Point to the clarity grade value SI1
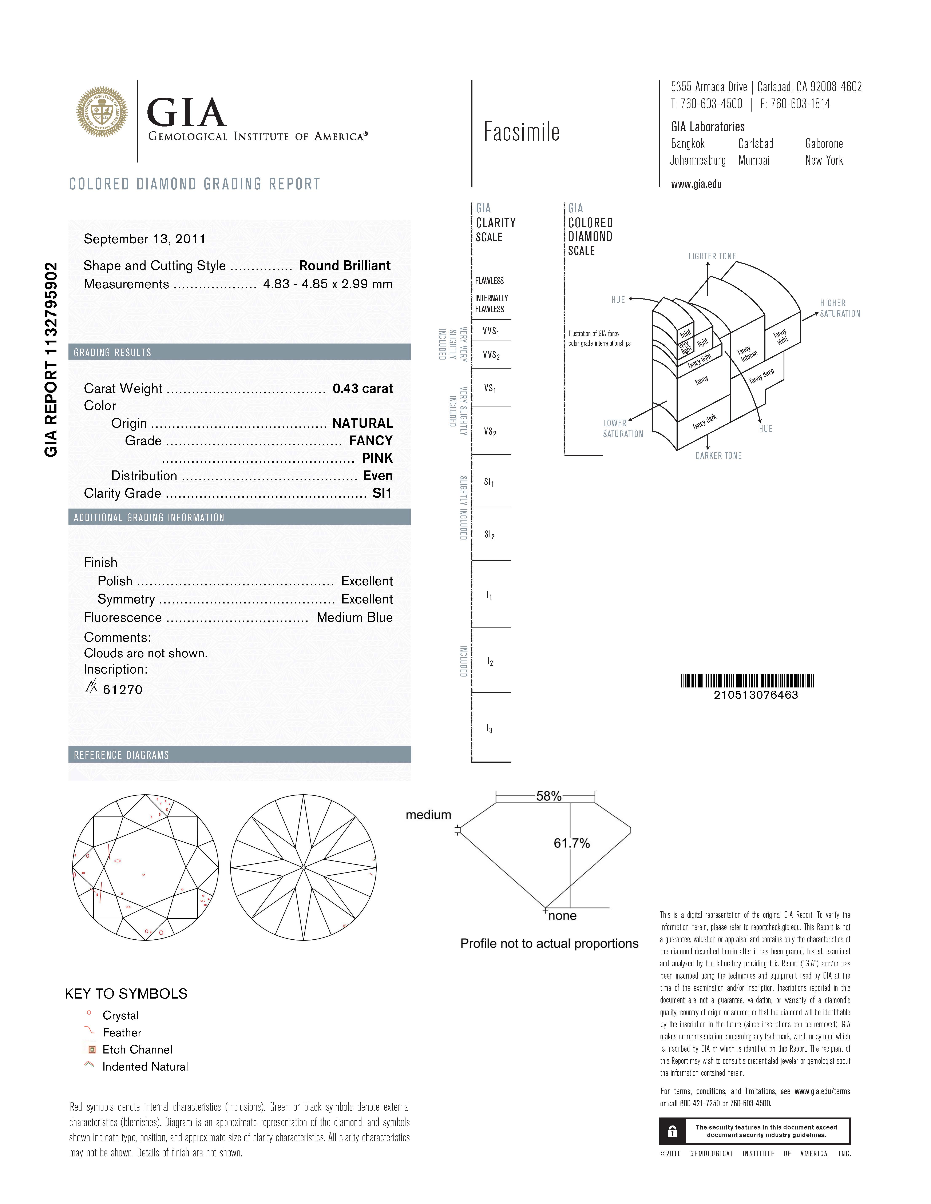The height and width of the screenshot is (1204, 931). tap(382, 493)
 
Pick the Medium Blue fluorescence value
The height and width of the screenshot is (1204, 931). tap(355, 617)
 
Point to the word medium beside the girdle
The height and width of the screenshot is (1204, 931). tap(429, 815)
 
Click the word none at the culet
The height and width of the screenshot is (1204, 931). tap(563, 916)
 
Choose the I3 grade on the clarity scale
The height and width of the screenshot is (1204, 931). tap(489, 729)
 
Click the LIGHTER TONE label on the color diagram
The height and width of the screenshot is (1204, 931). tap(712, 256)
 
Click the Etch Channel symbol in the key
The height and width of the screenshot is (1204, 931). tap(92, 1050)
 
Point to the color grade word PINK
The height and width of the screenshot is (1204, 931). tap(377, 458)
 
